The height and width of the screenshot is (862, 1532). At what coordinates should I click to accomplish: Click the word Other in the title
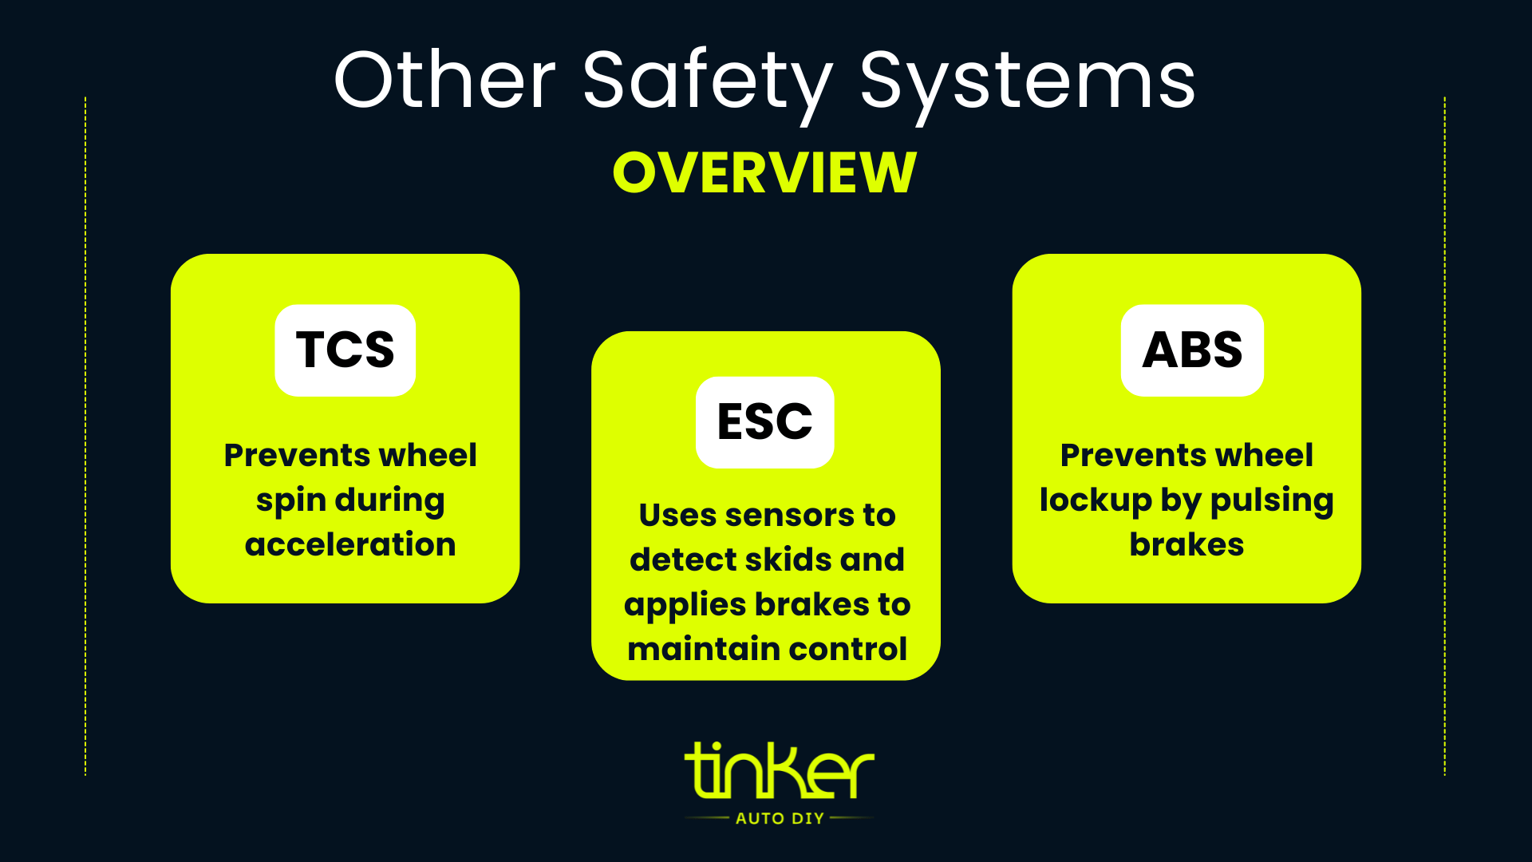coord(444,80)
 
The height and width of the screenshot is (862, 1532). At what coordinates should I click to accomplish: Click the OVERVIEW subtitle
coord(764,172)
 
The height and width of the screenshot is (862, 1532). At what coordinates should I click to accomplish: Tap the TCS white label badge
coord(345,350)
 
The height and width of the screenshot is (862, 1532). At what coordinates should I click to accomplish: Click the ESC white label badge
coord(764,422)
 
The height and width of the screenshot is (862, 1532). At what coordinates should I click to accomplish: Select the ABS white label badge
coord(1192,350)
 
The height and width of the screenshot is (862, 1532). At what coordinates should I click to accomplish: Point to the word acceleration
coord(350,544)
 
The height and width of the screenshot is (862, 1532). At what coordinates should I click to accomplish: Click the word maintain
coord(691,649)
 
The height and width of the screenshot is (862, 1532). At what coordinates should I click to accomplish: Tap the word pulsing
coord(1271,501)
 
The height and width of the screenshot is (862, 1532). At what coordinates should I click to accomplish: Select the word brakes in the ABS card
coord(1187,544)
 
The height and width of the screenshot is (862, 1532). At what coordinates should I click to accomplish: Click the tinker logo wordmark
coord(779,771)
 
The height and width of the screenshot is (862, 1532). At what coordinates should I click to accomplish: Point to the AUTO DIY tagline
coord(780,818)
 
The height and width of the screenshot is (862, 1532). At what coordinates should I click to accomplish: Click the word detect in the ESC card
coord(681,560)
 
